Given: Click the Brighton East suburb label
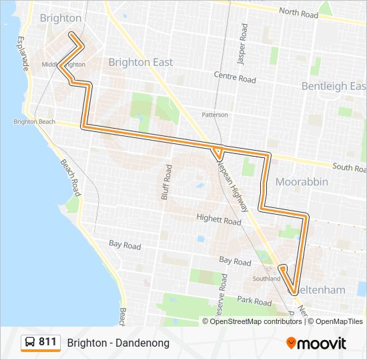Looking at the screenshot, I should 140,62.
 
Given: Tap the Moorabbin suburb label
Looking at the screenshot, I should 302,182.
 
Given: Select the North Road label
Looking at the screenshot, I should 298,12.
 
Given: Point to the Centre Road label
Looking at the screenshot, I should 235,79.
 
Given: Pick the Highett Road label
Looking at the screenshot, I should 218,219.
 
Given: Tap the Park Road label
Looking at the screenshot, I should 254,301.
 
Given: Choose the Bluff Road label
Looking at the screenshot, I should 166,182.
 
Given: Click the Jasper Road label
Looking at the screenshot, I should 243,45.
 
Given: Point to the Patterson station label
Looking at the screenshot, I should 215,115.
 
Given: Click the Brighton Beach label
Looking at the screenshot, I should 34,122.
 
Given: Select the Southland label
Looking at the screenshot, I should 267,279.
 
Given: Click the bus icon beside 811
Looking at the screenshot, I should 30,343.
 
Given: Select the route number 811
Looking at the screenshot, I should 47,342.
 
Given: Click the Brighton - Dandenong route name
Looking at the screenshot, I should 118,343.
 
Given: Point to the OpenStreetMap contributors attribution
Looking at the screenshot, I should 256,321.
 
